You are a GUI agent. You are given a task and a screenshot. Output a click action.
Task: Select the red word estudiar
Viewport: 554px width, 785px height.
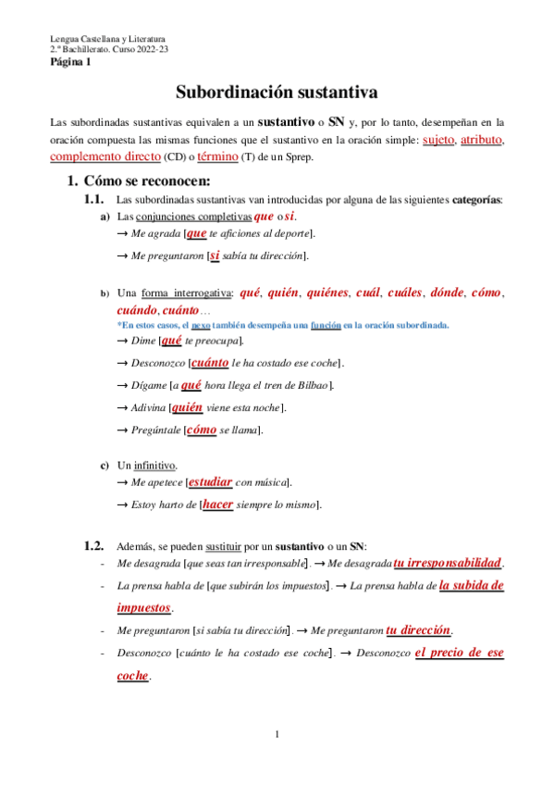pyautogui.click(x=210, y=482)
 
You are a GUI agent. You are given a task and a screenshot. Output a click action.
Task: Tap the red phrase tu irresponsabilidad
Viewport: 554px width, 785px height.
pyautogui.click(x=448, y=563)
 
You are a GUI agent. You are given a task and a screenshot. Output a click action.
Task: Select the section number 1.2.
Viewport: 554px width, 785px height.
pyautogui.click(x=94, y=546)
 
